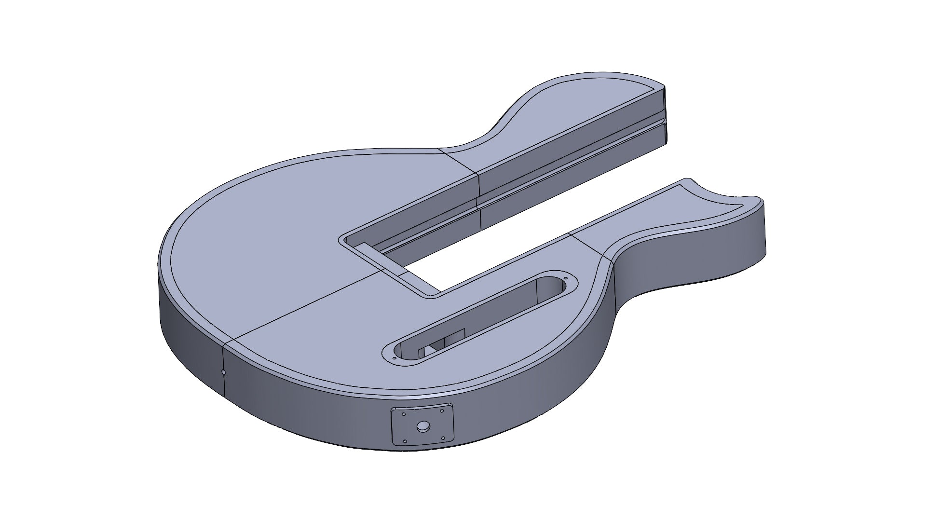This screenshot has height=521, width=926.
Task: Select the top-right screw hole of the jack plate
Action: click(441, 411)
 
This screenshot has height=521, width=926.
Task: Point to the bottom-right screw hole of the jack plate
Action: click(443, 438)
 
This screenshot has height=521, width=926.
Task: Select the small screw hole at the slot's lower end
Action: click(395, 358)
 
